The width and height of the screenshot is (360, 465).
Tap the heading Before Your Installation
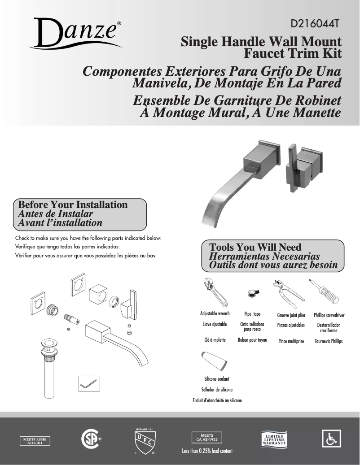coord(72,205)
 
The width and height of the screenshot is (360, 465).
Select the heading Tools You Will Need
coord(255,247)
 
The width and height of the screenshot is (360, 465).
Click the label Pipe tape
coord(252,314)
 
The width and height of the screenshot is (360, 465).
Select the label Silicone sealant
coord(217,379)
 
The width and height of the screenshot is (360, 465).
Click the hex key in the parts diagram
coord(88,383)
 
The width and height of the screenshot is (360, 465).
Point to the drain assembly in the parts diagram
coord(48,368)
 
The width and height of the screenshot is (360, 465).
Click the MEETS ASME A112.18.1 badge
coord(35,441)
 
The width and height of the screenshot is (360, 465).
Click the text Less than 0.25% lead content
coord(207,451)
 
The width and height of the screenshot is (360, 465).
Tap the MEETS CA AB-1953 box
coord(206,437)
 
